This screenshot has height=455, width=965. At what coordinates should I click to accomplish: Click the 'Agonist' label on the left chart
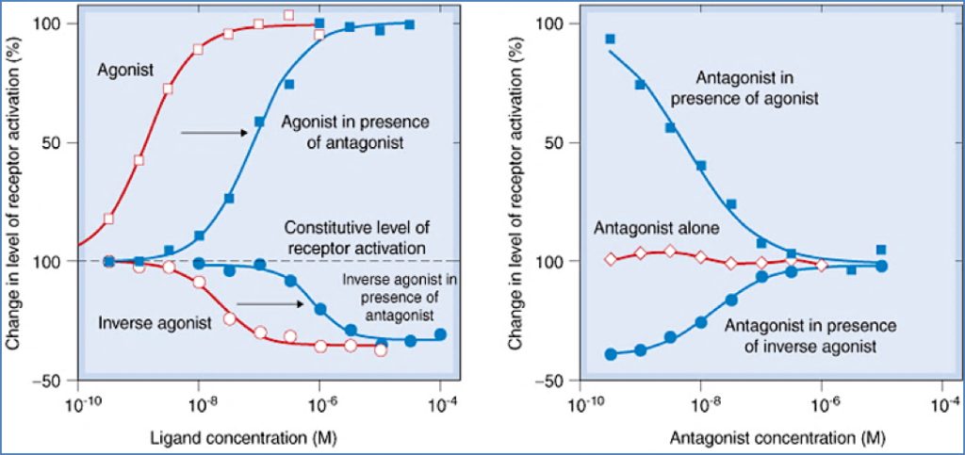[125, 69]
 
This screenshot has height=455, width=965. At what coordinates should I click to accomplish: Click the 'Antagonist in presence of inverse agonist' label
[809, 335]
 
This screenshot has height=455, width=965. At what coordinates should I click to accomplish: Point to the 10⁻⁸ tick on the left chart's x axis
[199, 404]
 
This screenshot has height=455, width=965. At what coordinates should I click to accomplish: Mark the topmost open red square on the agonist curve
[288, 15]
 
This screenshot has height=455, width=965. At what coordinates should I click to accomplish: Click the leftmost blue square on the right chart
[610, 39]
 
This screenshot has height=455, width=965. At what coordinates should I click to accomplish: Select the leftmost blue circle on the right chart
[610, 354]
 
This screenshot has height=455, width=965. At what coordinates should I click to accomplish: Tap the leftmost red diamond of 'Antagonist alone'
[610, 259]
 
